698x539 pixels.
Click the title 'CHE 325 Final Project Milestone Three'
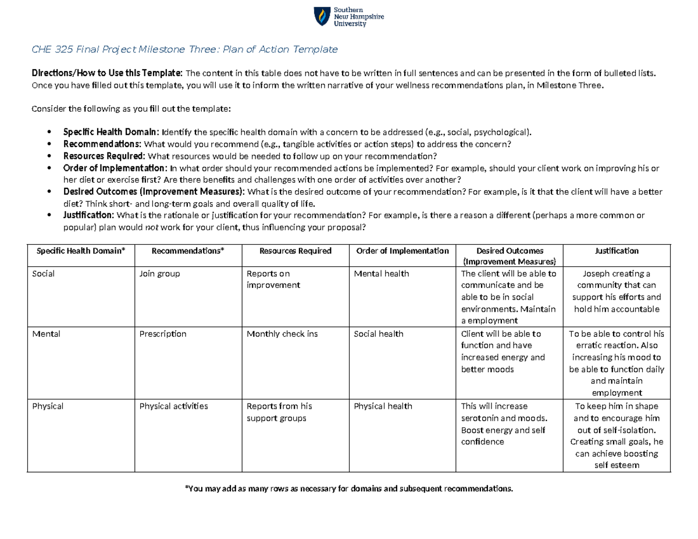coord(184,49)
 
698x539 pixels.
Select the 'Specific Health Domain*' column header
coord(81,251)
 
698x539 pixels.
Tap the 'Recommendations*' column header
coord(187,251)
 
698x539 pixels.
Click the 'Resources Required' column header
coord(295,251)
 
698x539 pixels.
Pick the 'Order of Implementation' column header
coord(402,251)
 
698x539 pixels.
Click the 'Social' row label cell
coord(44,274)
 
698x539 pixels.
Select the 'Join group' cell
coord(159,274)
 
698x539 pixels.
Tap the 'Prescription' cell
coord(163,334)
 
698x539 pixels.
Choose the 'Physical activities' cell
coord(173,406)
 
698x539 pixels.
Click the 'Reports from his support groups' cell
coord(279,412)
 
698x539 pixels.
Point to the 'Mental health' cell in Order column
coord(381,274)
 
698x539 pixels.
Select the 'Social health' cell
coord(378,334)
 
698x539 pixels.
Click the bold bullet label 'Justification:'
coord(88,216)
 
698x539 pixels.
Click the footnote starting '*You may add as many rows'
coord(349,488)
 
